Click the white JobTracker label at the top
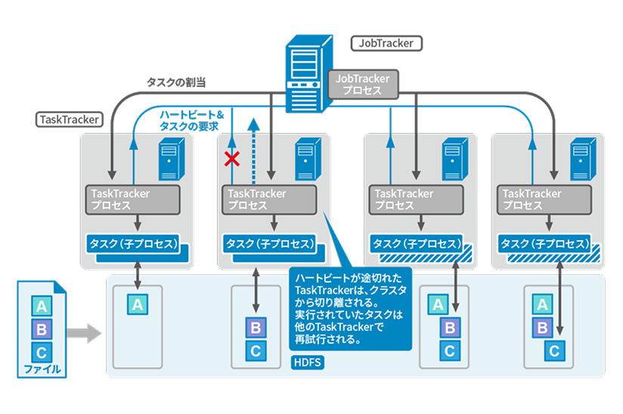click(386, 43)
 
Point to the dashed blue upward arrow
click(254, 151)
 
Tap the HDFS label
click(306, 363)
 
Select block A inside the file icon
click(41, 306)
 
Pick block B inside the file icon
click(41, 329)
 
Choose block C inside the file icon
click(41, 351)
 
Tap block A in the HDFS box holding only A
click(137, 304)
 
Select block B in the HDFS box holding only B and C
click(256, 327)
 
